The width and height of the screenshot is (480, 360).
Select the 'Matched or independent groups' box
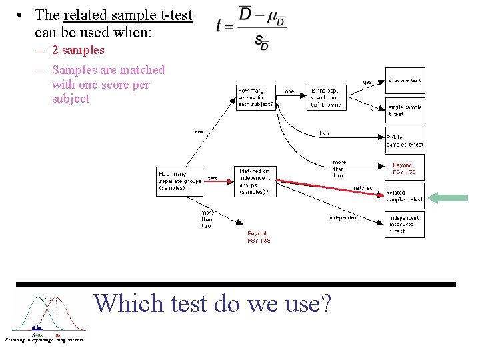click(x=255, y=181)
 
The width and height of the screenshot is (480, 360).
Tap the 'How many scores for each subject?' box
click(x=256, y=97)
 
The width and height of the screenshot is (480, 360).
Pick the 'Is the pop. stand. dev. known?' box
click(x=327, y=97)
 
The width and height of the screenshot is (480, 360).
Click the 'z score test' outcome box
click(x=405, y=81)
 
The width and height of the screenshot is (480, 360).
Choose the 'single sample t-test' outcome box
click(x=405, y=110)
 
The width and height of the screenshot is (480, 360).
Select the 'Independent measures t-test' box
click(x=404, y=224)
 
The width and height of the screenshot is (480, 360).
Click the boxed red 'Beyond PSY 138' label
click(x=404, y=169)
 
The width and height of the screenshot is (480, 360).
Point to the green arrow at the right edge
click(x=448, y=197)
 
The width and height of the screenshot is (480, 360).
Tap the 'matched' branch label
click(x=362, y=188)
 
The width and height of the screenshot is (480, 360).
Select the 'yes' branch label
click(x=367, y=82)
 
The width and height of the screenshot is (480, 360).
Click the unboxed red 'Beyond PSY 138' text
click(x=259, y=237)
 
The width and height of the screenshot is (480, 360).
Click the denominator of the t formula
click(x=261, y=43)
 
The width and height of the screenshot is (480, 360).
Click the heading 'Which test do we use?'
click(x=213, y=303)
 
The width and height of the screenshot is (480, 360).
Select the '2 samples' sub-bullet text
click(x=78, y=50)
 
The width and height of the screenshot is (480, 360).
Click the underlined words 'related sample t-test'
click(x=128, y=15)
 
